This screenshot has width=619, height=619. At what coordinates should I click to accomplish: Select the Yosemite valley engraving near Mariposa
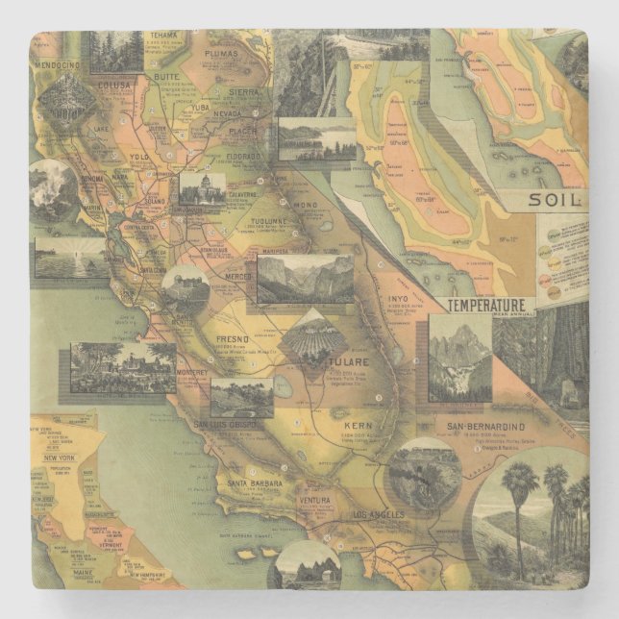[306, 278]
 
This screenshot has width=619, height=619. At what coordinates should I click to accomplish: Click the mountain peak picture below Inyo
[459, 358]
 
